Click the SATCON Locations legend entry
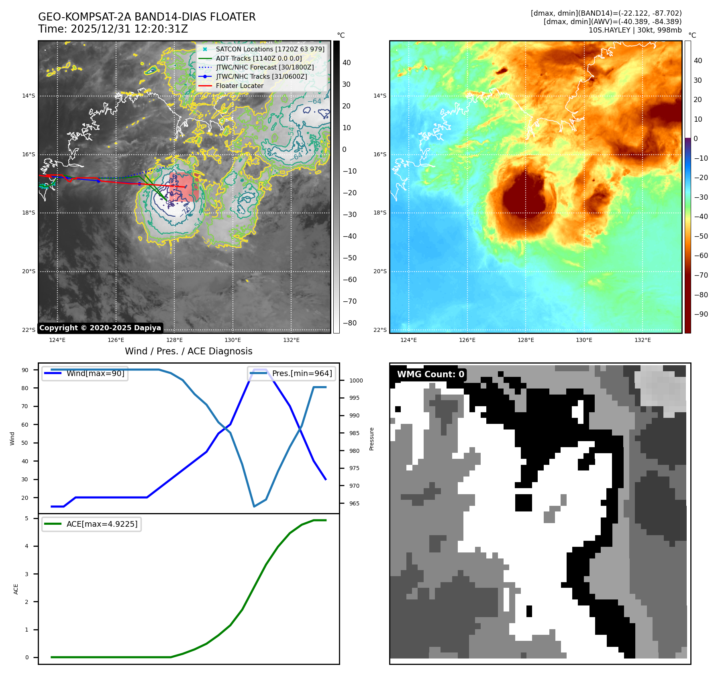click(270, 49)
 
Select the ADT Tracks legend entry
click(259, 58)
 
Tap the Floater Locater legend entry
click(239, 86)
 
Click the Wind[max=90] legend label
click(96, 373)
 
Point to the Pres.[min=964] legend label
click(302, 373)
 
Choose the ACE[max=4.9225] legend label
click(102, 524)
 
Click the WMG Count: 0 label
click(430, 374)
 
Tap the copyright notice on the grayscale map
click(100, 328)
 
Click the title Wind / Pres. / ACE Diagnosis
click(189, 351)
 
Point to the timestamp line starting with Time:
click(113, 29)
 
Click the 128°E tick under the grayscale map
click(174, 340)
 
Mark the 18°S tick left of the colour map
click(379, 213)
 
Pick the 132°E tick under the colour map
click(643, 340)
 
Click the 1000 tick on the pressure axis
click(356, 380)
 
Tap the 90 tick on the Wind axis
click(25, 370)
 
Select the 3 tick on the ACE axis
click(27, 574)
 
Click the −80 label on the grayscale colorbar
click(349, 323)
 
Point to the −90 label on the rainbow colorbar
click(701, 314)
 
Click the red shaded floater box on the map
click(184, 187)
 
